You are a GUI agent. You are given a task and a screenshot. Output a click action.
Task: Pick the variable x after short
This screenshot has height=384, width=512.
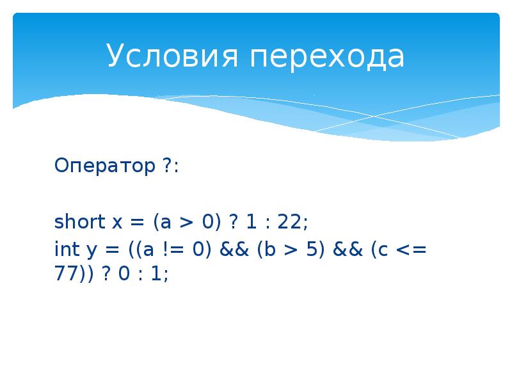117,223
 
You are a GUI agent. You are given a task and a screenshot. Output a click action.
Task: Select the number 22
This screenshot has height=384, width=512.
294,222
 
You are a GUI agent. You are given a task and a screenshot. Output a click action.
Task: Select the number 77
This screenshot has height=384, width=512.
66,273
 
